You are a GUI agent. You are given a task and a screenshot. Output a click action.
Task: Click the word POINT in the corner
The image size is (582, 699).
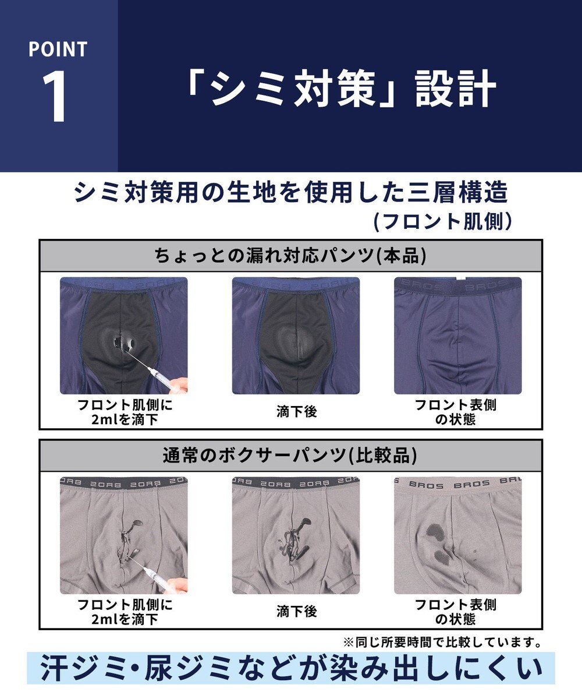click(58, 49)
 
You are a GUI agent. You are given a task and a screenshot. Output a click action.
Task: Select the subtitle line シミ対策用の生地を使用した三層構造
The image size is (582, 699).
click(291, 192)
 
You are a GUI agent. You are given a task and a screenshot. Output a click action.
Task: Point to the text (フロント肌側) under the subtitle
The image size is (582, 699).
click(443, 221)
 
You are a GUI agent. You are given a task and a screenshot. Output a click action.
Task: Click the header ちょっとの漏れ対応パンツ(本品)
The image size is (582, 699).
click(290, 255)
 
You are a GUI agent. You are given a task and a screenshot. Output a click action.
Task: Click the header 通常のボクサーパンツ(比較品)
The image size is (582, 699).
click(290, 455)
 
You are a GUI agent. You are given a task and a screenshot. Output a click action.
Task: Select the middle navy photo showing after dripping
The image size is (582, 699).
click(296, 336)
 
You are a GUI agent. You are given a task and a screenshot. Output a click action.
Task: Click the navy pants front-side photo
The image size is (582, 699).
click(457, 336)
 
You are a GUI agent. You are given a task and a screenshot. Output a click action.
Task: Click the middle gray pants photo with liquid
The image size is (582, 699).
click(296, 535)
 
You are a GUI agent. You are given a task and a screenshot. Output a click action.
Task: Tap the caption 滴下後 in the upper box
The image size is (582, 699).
click(296, 412)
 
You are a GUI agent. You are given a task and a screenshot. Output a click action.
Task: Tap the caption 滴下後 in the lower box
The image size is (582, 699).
click(296, 612)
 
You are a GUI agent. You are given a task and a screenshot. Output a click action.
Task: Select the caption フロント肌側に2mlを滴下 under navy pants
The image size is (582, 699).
click(125, 412)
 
